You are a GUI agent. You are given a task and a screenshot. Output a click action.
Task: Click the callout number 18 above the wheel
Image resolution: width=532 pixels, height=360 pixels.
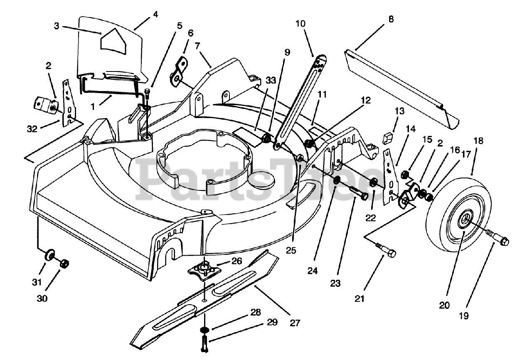tap(478, 141)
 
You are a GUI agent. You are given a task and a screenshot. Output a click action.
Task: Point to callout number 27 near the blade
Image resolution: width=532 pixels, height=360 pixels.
tap(295, 323)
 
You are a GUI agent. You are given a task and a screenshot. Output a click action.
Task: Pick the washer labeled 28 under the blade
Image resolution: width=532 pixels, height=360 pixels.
tap(204, 330)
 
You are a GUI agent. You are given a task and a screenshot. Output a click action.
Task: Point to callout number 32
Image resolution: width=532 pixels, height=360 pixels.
tap(32, 129)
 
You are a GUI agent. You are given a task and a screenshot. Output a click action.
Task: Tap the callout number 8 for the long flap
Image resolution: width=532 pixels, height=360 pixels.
tap(391, 19)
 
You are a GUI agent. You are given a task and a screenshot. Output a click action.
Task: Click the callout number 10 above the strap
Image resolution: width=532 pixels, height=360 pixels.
tap(300, 24)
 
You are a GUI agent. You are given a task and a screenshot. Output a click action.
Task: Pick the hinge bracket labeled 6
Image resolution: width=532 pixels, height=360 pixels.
tap(179, 72)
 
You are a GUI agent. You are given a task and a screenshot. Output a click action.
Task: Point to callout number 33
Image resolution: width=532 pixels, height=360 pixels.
tap(271, 81)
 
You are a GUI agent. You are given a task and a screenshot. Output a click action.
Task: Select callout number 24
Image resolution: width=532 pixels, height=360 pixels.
tap(313, 271)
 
